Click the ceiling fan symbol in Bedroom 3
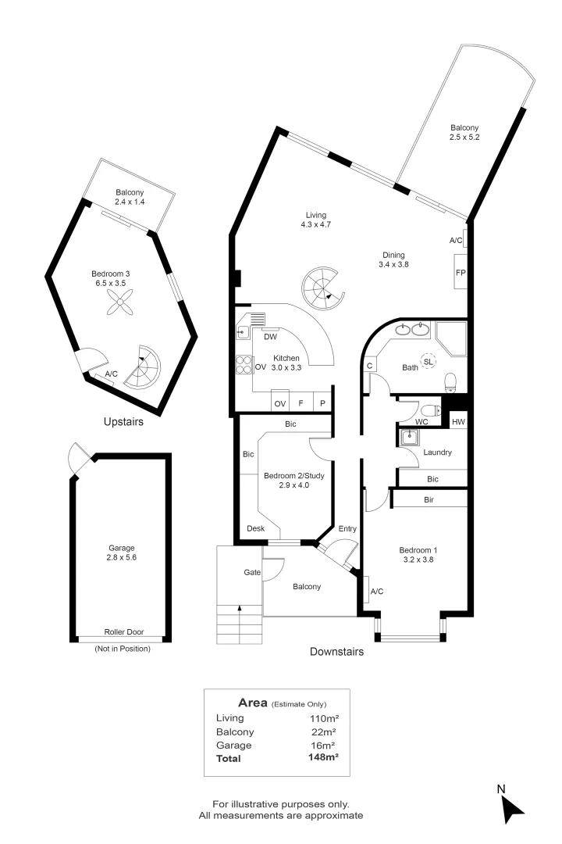pyautogui.click(x=120, y=308)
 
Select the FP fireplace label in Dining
pyautogui.click(x=461, y=273)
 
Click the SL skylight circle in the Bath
pyautogui.click(x=429, y=362)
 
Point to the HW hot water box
pyautogui.click(x=458, y=421)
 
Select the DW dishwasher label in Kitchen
pyautogui.click(x=271, y=338)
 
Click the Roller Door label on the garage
pyautogui.click(x=123, y=632)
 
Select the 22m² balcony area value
pyautogui.click(x=323, y=731)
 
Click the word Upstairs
pyautogui.click(x=123, y=422)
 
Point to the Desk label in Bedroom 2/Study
pyautogui.click(x=255, y=529)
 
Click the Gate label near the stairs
pyautogui.click(x=252, y=573)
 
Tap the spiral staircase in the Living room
pyautogui.click(x=322, y=287)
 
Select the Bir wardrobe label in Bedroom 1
pyautogui.click(x=429, y=499)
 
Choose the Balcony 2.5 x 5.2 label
pyautogui.click(x=464, y=133)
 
